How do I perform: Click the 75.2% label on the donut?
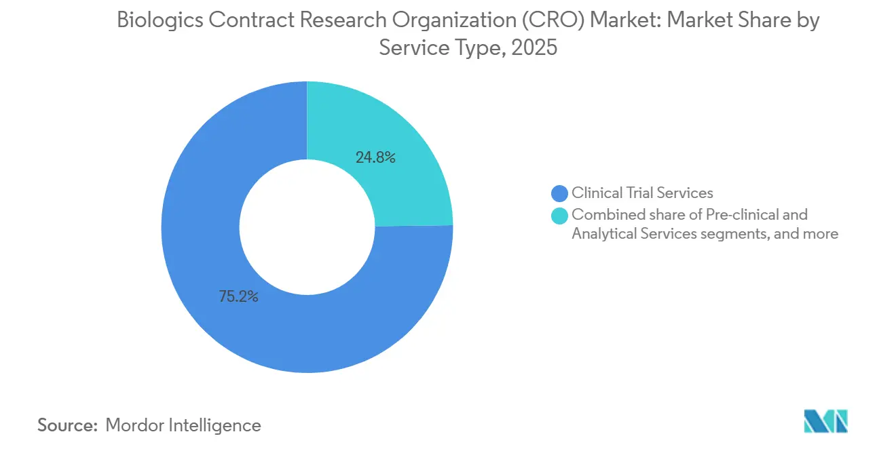(x=238, y=296)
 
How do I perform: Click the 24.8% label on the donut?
(x=375, y=157)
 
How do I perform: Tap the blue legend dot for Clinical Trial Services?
(x=560, y=193)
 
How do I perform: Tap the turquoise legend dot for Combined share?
(x=560, y=216)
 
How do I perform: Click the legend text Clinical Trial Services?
(x=642, y=193)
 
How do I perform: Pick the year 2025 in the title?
(x=534, y=47)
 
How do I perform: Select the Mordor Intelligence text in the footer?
(x=183, y=425)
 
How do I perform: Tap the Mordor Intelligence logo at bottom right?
(x=825, y=421)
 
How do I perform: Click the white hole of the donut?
(x=307, y=227)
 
